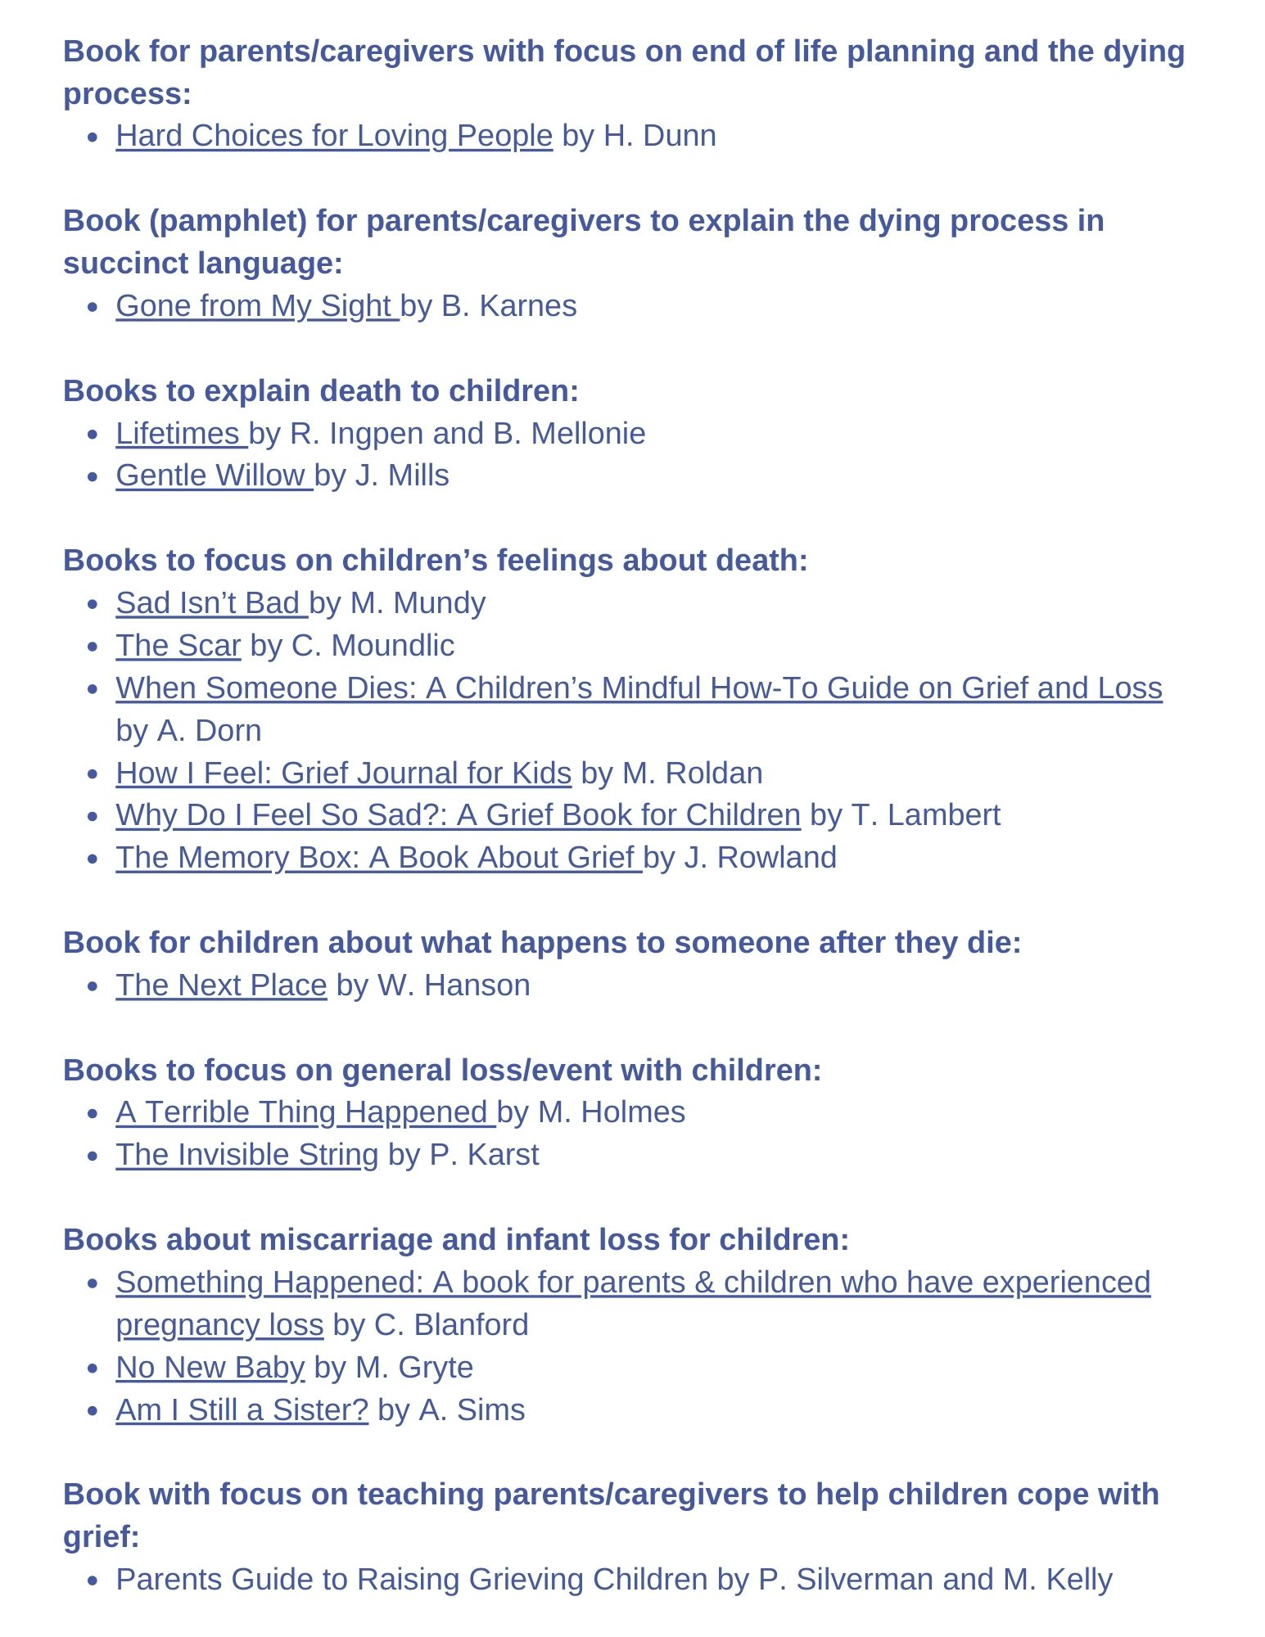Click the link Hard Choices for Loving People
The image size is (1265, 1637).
pyautogui.click(x=334, y=136)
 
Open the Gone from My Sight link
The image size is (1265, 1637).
pyautogui.click(x=255, y=306)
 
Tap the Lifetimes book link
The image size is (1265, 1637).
pyautogui.click(x=179, y=434)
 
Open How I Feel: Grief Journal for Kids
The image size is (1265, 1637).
pyautogui.click(x=343, y=773)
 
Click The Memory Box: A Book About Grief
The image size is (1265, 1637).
pyautogui.click(x=377, y=858)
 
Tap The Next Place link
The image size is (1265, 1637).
pyautogui.click(x=221, y=985)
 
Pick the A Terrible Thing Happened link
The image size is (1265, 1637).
pyautogui.click(x=304, y=1112)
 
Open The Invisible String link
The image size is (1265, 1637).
pyautogui.click(x=246, y=1155)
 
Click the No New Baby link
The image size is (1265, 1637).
pyautogui.click(x=210, y=1368)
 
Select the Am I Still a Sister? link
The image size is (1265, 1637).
pyautogui.click(x=242, y=1410)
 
